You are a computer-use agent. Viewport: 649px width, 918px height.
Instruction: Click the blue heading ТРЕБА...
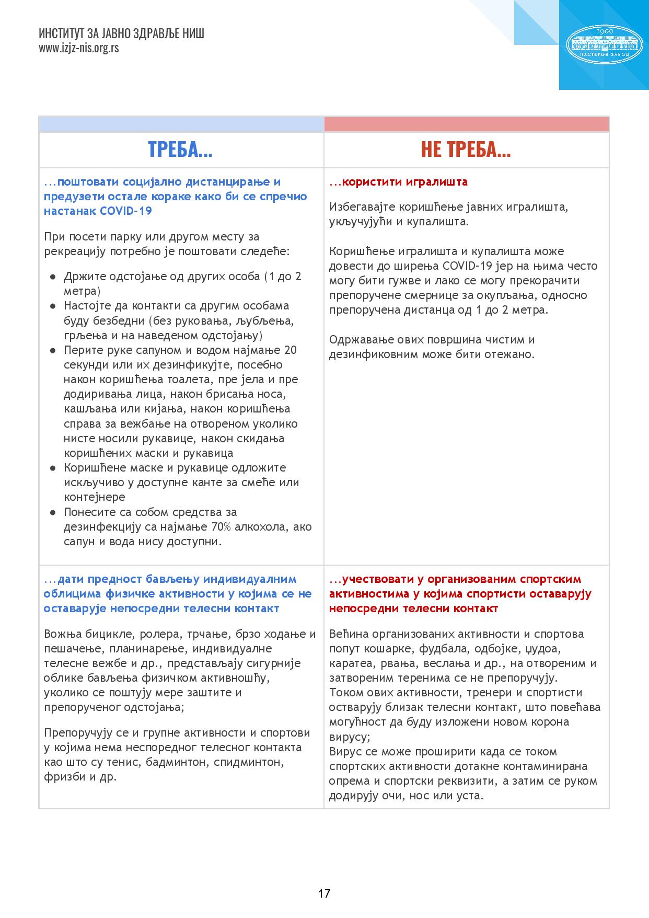click(180, 150)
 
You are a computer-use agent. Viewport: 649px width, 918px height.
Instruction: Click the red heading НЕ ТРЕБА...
click(466, 150)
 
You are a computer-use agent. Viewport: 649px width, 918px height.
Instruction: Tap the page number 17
click(324, 893)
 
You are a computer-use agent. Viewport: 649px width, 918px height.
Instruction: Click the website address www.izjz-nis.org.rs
click(78, 48)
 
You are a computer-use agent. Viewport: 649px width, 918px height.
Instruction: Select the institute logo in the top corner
click(605, 43)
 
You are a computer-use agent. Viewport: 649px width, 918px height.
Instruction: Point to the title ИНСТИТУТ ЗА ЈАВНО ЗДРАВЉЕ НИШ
click(121, 34)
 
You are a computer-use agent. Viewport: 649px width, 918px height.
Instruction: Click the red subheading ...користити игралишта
click(399, 182)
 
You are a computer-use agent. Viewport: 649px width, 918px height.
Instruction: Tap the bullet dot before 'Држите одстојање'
click(53, 277)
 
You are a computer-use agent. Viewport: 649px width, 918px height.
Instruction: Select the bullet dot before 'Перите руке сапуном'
click(53, 350)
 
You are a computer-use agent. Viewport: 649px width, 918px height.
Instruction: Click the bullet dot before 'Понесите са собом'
click(53, 512)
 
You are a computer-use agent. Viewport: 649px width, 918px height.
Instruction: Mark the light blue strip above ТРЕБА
click(181, 124)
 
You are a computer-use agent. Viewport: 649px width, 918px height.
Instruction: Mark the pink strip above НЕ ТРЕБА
click(467, 124)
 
